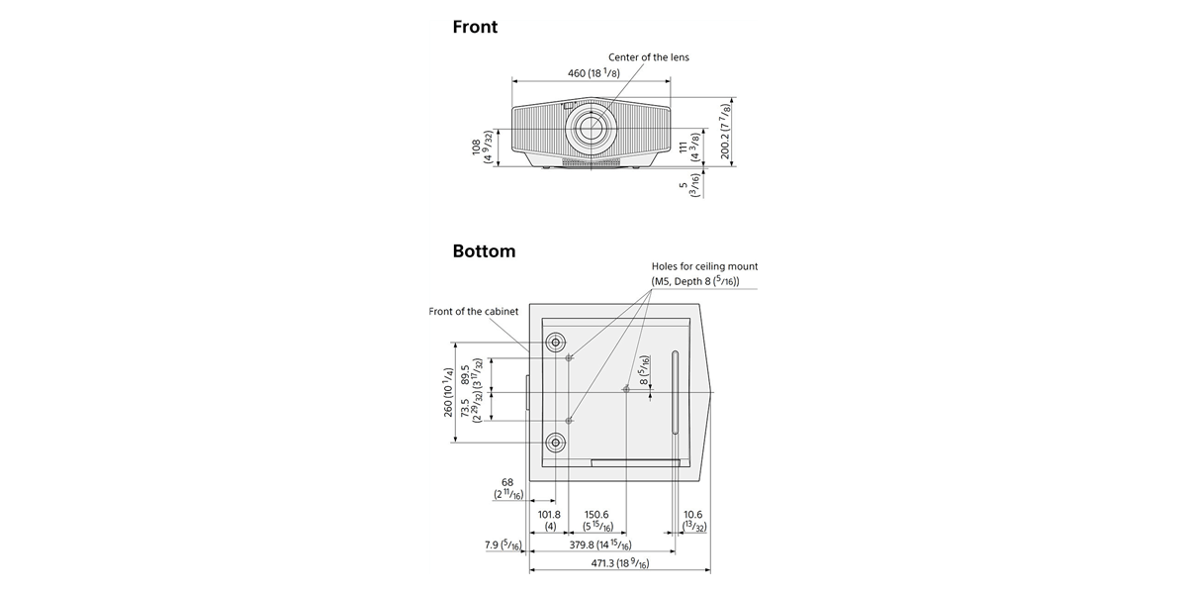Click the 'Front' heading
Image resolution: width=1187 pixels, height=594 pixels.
475,27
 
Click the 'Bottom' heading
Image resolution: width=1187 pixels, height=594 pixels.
484,250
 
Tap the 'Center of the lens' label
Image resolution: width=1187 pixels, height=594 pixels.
649,57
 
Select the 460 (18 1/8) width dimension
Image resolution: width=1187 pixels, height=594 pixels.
593,72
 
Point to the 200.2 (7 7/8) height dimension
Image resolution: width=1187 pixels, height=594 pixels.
725,132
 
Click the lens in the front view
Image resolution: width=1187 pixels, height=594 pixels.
591,128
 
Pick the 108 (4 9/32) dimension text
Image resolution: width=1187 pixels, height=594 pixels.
482,147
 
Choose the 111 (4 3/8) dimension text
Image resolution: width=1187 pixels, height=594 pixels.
688,147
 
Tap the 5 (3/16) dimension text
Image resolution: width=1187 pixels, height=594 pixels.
689,186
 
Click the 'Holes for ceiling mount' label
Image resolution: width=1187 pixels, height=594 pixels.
704,266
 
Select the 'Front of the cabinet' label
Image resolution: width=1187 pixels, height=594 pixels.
473,311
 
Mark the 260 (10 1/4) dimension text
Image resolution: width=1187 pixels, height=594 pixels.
448,392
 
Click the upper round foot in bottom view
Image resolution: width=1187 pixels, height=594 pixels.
555,343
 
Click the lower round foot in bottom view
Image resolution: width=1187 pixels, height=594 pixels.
555,442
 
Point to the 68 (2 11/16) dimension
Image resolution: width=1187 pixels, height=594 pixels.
508,488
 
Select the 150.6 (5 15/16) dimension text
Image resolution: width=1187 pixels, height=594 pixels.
597,521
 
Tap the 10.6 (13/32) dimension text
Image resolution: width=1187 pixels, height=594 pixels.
693,521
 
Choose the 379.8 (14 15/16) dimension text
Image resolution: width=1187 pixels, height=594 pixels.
600,544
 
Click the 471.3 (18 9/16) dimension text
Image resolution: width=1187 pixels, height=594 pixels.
620,563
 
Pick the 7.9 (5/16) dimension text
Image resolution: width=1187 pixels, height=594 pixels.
502,544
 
